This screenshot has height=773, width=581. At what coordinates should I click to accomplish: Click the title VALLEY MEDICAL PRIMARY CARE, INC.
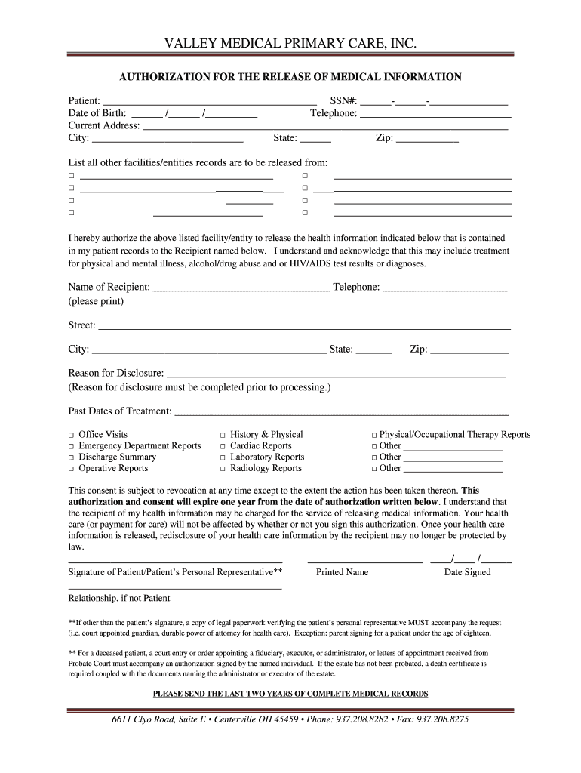(x=290, y=45)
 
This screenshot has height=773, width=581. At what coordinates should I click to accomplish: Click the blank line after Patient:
(x=209, y=102)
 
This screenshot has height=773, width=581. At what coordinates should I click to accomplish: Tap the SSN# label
(x=343, y=101)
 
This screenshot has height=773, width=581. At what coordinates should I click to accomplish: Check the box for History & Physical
(x=223, y=435)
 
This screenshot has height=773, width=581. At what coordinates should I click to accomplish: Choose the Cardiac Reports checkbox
(x=223, y=446)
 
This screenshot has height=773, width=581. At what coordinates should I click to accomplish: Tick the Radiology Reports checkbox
(x=223, y=469)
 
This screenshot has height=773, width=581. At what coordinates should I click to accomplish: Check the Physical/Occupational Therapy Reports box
(x=374, y=435)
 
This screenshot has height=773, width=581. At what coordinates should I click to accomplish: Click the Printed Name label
(x=342, y=572)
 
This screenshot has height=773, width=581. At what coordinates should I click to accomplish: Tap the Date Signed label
(x=467, y=572)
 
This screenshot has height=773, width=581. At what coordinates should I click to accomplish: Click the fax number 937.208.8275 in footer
(x=442, y=719)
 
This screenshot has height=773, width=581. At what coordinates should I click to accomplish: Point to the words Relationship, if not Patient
(x=119, y=598)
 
